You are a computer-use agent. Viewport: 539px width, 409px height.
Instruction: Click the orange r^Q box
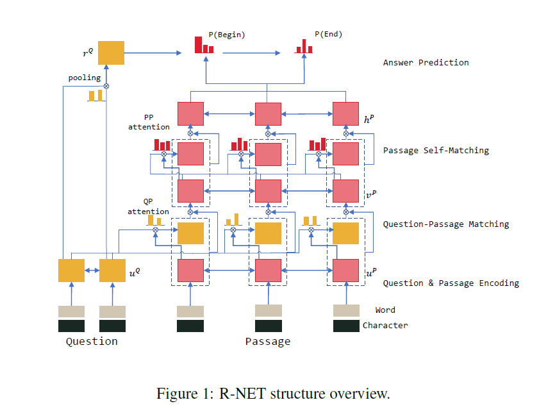pyautogui.click(x=111, y=53)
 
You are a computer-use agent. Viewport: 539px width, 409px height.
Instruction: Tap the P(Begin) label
pyautogui.click(x=227, y=35)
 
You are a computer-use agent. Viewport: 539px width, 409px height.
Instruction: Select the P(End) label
pyautogui.click(x=328, y=35)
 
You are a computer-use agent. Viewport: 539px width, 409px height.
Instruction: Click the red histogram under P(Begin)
pyautogui.click(x=204, y=46)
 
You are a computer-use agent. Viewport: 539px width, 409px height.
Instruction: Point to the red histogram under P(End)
pyautogui.click(x=304, y=46)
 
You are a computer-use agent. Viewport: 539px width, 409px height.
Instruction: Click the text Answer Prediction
pyautogui.click(x=426, y=63)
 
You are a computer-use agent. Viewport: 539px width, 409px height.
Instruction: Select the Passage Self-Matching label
pyautogui.click(x=436, y=151)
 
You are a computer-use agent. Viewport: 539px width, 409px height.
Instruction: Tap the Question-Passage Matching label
pyautogui.click(x=446, y=224)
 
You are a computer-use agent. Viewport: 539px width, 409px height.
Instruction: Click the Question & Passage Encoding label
pyautogui.click(x=451, y=283)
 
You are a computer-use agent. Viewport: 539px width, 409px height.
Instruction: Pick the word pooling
pyautogui.click(x=85, y=78)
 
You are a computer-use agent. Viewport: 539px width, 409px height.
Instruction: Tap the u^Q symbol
pyautogui.click(x=135, y=272)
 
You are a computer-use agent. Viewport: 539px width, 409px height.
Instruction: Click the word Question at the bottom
pyautogui.click(x=92, y=342)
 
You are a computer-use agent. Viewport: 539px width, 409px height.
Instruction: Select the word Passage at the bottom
pyautogui.click(x=268, y=342)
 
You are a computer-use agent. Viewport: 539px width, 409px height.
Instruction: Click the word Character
pyautogui.click(x=385, y=326)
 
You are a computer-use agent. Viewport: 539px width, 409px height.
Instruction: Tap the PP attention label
pyautogui.click(x=149, y=122)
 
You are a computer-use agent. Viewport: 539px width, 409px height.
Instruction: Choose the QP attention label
pyautogui.click(x=148, y=207)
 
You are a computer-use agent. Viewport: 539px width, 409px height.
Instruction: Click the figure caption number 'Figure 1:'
pyautogui.click(x=180, y=394)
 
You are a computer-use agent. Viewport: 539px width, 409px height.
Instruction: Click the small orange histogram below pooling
pyautogui.click(x=95, y=95)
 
